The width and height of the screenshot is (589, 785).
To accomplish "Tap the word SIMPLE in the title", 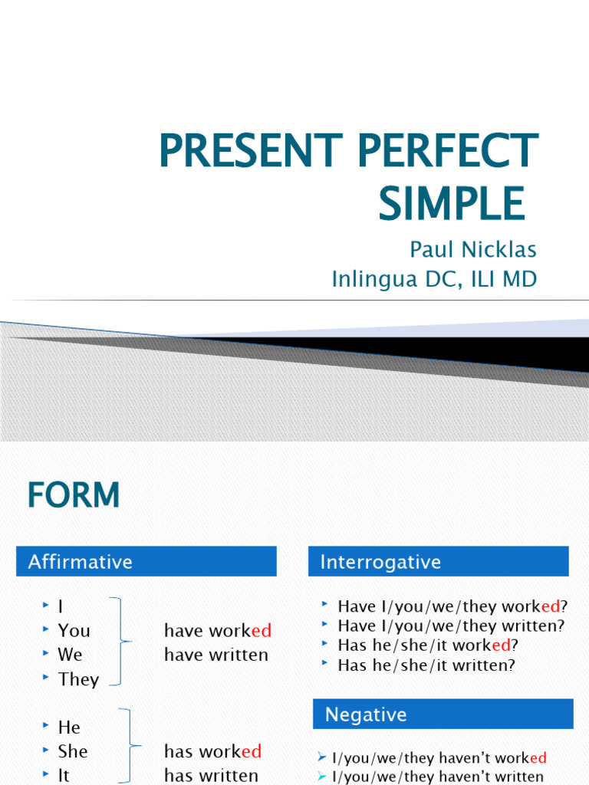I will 452,203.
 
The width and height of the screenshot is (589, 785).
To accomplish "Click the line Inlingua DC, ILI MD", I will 434,279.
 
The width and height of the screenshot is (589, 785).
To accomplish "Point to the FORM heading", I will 74,495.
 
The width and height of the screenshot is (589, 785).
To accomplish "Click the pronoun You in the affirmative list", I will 74,630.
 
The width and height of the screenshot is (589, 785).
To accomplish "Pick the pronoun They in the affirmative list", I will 78,679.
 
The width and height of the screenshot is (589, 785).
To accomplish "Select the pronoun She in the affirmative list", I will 73,751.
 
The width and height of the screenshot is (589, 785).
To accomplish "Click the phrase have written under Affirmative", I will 216,655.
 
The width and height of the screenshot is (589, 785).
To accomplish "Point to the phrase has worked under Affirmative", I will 213,751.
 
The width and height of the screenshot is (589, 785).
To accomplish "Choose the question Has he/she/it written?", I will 426,665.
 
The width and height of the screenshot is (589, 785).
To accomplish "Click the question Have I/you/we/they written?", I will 451,626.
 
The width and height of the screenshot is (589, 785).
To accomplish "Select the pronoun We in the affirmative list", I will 70,655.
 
